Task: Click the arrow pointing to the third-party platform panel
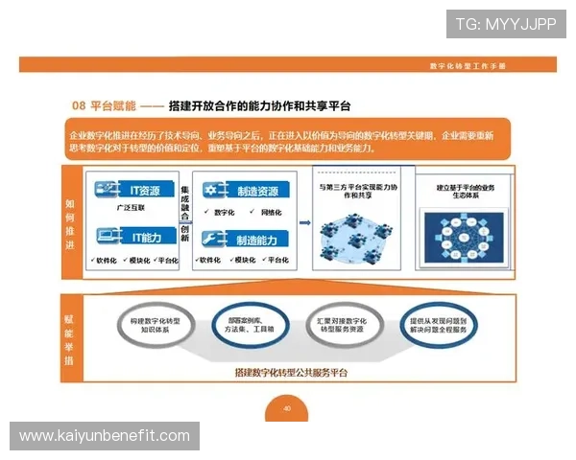[305, 221]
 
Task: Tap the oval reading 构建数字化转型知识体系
[156, 325]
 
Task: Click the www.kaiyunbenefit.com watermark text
[105, 436]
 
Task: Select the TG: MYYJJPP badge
[505, 23]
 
